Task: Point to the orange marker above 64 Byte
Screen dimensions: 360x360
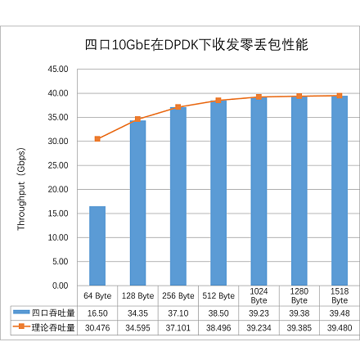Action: tap(97, 139)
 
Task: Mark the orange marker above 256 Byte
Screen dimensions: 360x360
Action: tap(178, 107)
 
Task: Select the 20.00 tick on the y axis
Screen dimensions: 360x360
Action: tap(57, 190)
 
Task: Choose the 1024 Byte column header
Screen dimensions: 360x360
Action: tap(259, 295)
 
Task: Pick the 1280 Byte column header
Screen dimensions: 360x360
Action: tap(299, 295)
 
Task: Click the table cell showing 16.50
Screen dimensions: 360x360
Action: tap(97, 313)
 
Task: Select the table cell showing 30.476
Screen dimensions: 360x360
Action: tap(97, 327)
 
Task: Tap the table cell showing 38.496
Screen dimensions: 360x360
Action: tap(218, 327)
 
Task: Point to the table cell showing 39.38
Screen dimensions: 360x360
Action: tap(299, 313)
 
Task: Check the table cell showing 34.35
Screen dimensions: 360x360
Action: tap(137, 313)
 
